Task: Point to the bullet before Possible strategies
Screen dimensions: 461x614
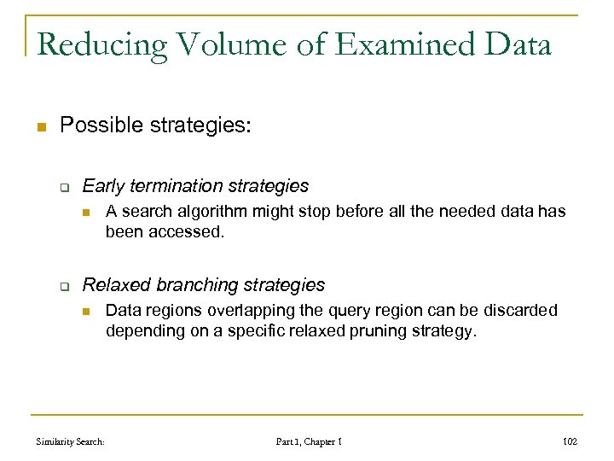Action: pyautogui.click(x=39, y=127)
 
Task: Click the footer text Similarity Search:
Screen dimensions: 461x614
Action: pyautogui.click(x=71, y=441)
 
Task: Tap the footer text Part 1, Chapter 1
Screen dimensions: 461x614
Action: pyautogui.click(x=309, y=441)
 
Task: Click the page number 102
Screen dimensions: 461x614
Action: pyautogui.click(x=570, y=441)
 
